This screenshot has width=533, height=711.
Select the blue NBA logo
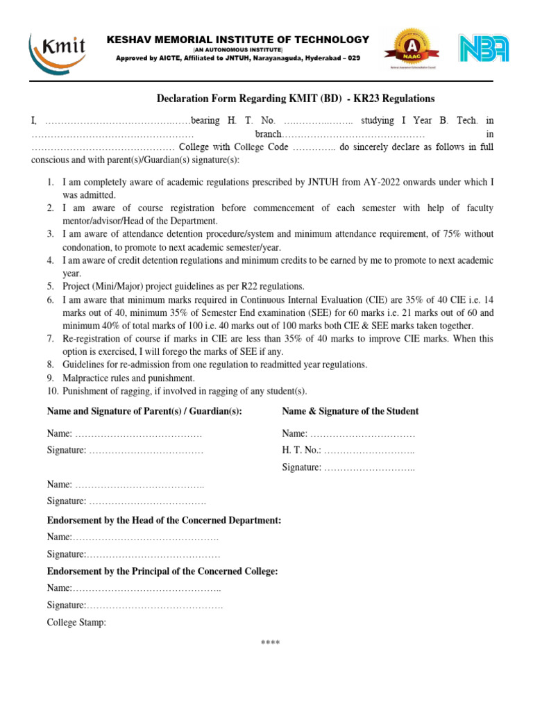point(483,49)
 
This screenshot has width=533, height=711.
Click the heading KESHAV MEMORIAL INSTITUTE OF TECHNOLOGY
point(238,40)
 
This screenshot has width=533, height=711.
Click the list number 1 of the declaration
point(51,182)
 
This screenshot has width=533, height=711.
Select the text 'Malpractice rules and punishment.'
point(128,378)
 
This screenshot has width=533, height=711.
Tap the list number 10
point(52,391)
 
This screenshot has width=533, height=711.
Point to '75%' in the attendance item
point(439,234)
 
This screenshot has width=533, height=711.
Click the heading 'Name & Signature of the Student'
point(350,411)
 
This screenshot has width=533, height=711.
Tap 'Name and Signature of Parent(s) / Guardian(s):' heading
point(144,411)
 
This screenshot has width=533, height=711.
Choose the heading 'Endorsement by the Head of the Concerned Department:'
point(164,519)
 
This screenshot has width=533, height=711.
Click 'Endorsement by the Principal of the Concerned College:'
point(162,571)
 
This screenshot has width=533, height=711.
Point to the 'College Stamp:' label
point(76,623)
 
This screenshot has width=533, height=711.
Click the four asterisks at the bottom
point(270,642)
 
